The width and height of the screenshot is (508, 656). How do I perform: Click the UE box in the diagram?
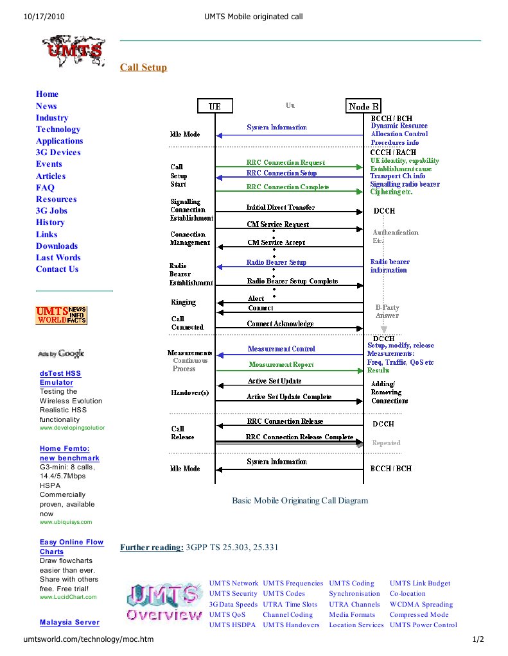click(x=215, y=106)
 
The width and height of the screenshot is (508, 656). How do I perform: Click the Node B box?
click(x=363, y=106)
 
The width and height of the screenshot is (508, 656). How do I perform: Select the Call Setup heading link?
click(x=143, y=67)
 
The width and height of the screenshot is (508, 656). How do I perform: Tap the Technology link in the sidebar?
click(x=58, y=129)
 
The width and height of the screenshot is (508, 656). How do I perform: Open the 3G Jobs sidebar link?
click(x=51, y=210)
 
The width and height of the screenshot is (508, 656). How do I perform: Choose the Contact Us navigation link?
click(x=57, y=269)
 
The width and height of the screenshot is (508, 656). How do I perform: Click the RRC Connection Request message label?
click(x=285, y=162)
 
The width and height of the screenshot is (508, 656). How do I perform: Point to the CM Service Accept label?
click(x=276, y=242)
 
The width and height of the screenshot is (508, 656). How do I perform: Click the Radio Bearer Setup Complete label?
click(x=292, y=281)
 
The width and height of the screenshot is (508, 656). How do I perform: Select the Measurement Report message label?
click(x=281, y=364)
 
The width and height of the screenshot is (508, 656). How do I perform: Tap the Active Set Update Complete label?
click(x=288, y=397)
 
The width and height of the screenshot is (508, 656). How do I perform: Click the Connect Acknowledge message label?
click(x=280, y=324)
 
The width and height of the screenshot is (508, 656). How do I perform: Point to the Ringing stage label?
click(x=183, y=302)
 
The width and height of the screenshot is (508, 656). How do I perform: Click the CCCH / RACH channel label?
click(x=393, y=152)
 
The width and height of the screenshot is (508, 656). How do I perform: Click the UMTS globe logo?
click(x=73, y=53)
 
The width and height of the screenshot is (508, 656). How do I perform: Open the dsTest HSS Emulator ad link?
click(x=60, y=378)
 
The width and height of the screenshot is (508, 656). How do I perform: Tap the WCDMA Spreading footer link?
click(x=421, y=604)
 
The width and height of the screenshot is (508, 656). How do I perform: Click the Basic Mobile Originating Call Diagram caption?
click(x=300, y=500)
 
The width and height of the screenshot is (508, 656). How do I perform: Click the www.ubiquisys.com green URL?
click(x=66, y=522)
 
